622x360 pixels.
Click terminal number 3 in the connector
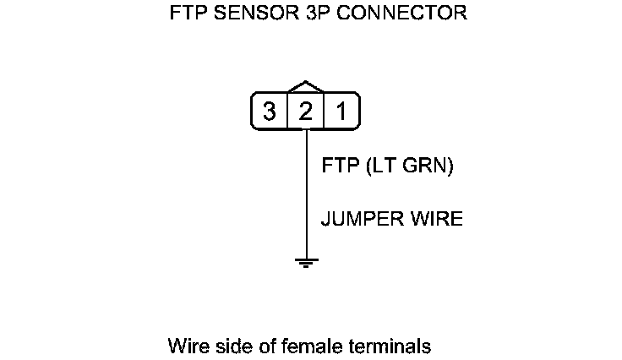pos(269,112)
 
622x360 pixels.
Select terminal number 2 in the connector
pos(305,112)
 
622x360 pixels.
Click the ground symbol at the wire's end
pos(305,262)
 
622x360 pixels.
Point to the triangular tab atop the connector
pos(305,87)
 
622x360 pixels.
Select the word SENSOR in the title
pos(248,14)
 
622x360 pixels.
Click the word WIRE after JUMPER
pos(438,219)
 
